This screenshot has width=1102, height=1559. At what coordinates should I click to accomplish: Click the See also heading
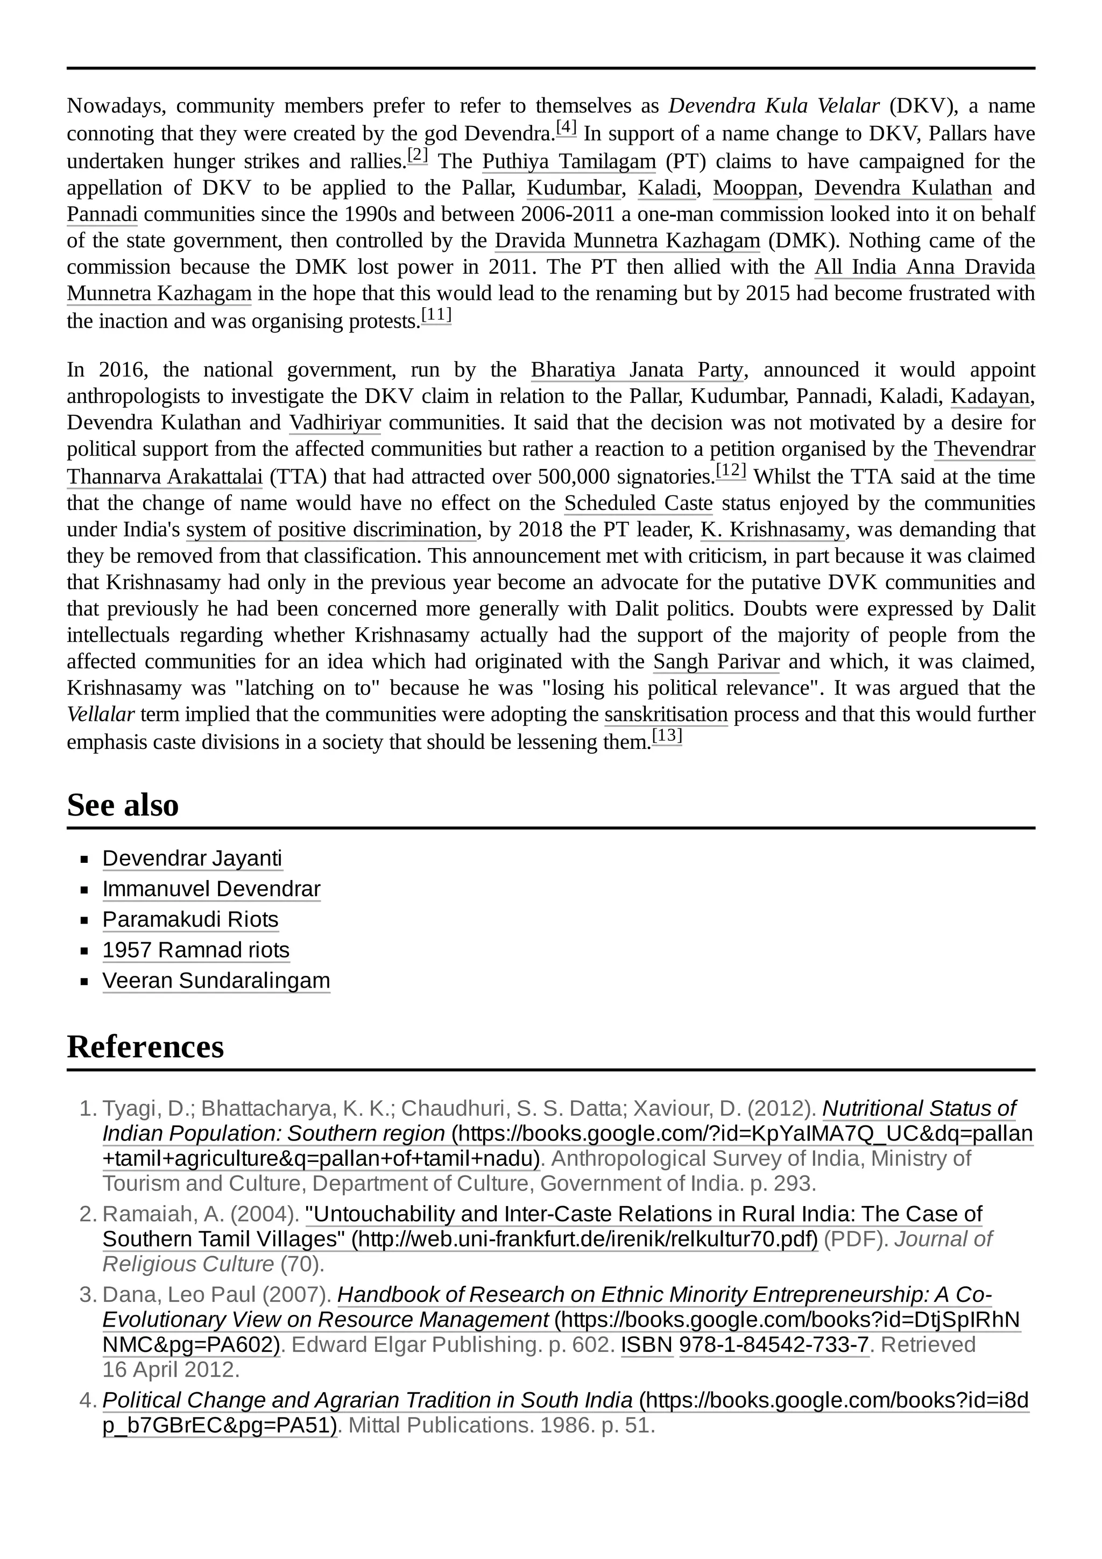(122, 805)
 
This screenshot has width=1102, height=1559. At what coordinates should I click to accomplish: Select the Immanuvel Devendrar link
(211, 889)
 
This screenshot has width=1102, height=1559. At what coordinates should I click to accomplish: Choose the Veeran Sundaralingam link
(216, 981)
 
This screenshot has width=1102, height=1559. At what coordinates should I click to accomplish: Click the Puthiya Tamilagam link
(569, 161)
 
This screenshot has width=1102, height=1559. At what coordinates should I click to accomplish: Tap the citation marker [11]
(436, 315)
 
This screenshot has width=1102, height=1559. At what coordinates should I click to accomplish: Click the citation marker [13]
(667, 736)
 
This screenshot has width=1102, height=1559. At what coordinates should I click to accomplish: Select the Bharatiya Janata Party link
(637, 370)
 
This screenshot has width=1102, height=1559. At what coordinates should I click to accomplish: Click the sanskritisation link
(666, 714)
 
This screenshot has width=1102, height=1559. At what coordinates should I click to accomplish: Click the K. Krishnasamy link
(773, 530)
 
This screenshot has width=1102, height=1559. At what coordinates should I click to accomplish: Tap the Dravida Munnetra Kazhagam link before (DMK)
(627, 241)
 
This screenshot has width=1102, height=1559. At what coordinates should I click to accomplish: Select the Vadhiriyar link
(335, 423)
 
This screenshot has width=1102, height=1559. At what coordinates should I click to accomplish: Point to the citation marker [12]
(731, 471)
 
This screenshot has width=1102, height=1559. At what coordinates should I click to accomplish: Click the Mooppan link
(754, 188)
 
